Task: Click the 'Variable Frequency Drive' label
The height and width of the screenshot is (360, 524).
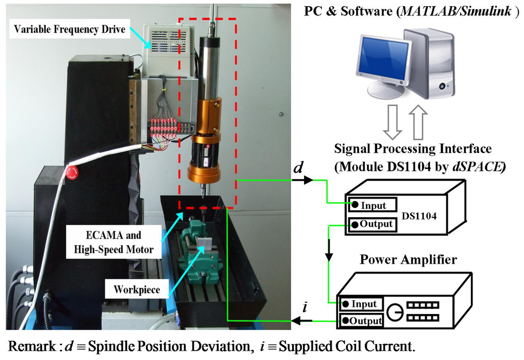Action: click(70, 29)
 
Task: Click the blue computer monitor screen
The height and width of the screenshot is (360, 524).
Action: click(383, 60)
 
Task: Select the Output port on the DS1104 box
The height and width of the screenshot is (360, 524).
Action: click(372, 224)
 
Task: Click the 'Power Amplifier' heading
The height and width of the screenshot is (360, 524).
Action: click(408, 260)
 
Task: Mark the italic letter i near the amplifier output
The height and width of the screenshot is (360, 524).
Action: click(305, 308)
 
